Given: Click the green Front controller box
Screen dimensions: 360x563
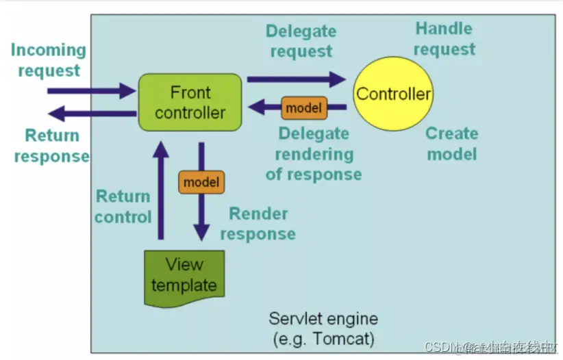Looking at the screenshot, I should [190, 102].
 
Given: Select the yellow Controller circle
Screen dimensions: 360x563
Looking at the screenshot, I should [393, 94].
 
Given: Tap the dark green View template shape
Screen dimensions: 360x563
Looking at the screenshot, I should [184, 277].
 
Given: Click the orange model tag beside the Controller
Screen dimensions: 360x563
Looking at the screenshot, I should [304, 107].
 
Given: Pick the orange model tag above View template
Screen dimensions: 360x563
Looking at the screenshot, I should [201, 182].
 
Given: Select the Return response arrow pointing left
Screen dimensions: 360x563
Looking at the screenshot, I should [92, 113].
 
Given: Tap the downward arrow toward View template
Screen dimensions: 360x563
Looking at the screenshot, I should [201, 212].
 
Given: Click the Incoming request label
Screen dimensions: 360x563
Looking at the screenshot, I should [49, 60].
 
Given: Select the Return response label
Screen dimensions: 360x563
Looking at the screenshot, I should [51, 146].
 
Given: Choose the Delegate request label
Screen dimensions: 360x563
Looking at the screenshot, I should [301, 41].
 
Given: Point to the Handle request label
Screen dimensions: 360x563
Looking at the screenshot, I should [444, 39].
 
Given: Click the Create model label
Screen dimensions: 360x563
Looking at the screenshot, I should [451, 143].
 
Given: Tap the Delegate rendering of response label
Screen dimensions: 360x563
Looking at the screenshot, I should [313, 154].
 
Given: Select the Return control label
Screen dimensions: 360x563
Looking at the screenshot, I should [123, 207].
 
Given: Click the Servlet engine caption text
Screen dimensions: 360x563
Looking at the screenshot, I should [323, 319].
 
